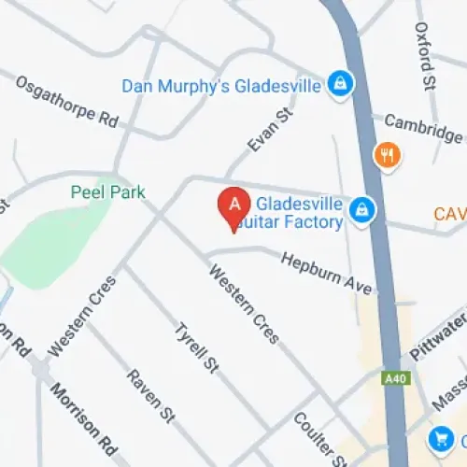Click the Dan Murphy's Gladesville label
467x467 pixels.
coord(222,85)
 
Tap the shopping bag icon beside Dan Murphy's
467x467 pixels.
coord(341,84)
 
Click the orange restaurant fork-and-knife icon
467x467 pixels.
coord(385,155)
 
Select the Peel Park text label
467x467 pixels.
coord(107,192)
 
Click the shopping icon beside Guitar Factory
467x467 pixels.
coord(361,212)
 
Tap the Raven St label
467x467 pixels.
coord(151,393)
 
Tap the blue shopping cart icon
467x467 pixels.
coord(441,437)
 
